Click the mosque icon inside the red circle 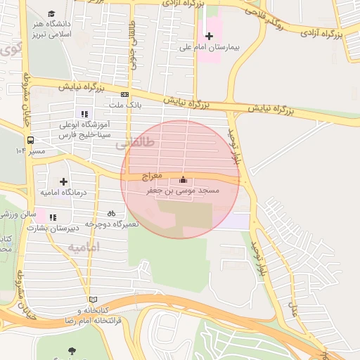point(184,179)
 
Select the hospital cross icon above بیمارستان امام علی point(209,36)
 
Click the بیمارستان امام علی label point(209,48)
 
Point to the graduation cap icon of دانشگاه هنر point(51,13)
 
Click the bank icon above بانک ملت point(125,94)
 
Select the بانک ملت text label point(125,105)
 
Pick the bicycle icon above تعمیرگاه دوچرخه point(111,213)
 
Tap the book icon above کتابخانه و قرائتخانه point(89,299)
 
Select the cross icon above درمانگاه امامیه point(63,181)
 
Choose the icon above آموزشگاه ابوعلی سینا point(85,114)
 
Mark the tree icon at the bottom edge point(71,351)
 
